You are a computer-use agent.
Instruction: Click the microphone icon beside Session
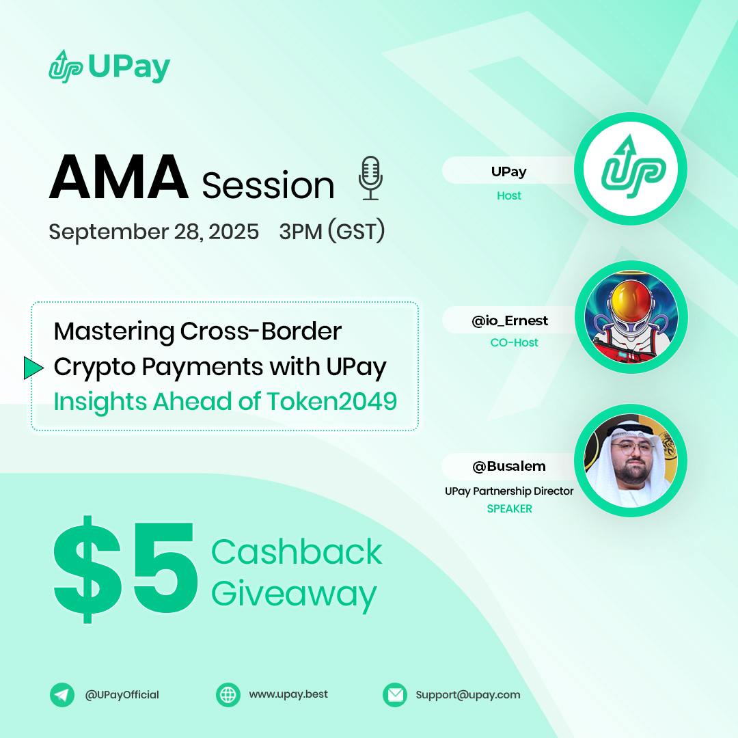[x=370, y=178]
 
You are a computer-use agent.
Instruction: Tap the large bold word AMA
[x=118, y=178]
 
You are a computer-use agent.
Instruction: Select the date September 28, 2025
[x=154, y=232]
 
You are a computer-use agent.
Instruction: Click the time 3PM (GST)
[x=331, y=232]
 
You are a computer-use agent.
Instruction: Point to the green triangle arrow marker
[x=33, y=368]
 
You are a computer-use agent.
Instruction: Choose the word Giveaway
[x=294, y=594]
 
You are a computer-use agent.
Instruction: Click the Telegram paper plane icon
[x=62, y=695]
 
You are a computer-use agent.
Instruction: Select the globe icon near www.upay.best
[x=228, y=695]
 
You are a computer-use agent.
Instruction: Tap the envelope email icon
[x=395, y=695]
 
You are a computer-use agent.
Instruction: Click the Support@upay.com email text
[x=468, y=695]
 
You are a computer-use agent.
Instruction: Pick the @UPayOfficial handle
[x=122, y=695]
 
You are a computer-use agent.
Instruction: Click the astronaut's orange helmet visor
[x=630, y=303]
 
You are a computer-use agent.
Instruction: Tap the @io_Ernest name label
[x=510, y=320]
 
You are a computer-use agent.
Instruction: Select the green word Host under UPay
[x=509, y=195]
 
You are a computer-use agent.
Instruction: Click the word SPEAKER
[x=509, y=508]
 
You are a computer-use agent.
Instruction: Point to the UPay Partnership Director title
[x=509, y=491]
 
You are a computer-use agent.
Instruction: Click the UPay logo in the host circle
[x=631, y=169]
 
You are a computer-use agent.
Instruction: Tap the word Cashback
[x=297, y=552]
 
